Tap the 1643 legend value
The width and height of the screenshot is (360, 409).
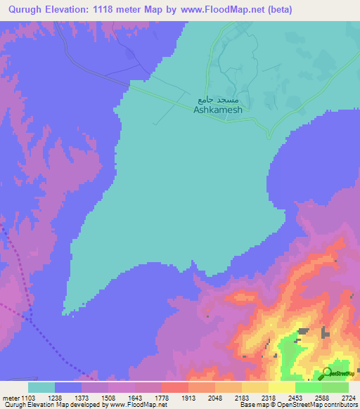click(135, 397)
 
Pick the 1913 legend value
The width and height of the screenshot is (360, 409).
click(188, 397)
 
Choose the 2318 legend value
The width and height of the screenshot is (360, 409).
click(269, 397)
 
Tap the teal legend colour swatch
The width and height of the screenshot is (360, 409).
click(41, 387)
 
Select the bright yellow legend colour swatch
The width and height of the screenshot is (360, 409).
click(281, 387)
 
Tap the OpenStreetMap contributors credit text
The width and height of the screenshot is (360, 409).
click(298, 405)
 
